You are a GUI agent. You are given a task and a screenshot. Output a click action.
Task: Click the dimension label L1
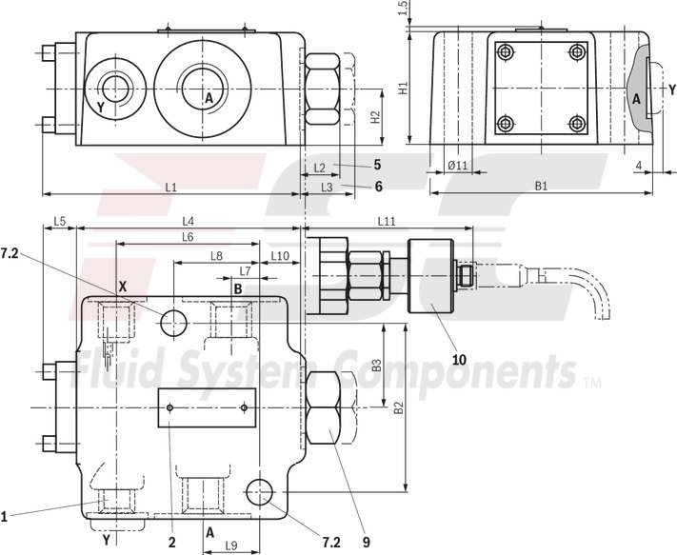(170, 187)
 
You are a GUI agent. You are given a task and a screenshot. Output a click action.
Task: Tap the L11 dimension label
(386, 221)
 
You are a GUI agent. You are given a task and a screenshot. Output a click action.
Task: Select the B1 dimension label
(541, 187)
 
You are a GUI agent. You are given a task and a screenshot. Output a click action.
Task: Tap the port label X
(122, 285)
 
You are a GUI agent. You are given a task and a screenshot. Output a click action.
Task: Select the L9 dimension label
(230, 545)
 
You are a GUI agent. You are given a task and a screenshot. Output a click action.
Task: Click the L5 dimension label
(59, 221)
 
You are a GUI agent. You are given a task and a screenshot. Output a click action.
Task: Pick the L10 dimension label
(280, 256)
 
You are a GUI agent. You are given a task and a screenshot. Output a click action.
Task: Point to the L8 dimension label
(216, 256)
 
